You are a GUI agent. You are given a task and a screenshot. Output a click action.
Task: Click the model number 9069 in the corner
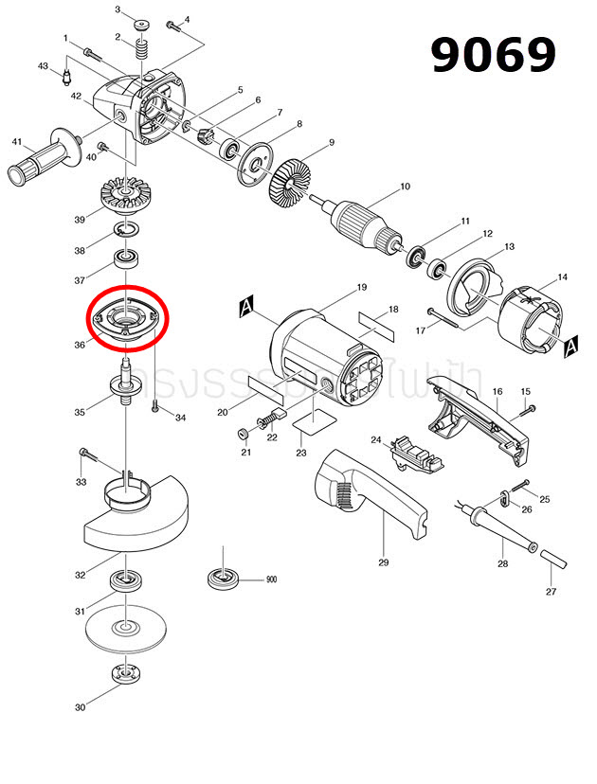[x=493, y=56]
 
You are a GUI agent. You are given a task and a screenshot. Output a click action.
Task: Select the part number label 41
[x=16, y=142]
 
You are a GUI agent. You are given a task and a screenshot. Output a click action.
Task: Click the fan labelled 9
[x=290, y=181]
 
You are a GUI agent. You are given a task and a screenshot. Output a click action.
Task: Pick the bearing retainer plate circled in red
[x=126, y=316]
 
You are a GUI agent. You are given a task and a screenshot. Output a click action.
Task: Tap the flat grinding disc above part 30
[x=123, y=627]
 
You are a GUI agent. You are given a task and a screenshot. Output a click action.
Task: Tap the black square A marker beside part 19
[x=247, y=308]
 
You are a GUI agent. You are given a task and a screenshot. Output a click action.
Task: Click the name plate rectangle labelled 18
[x=376, y=325]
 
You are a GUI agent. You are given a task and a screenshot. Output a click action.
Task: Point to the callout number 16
[x=497, y=391]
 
